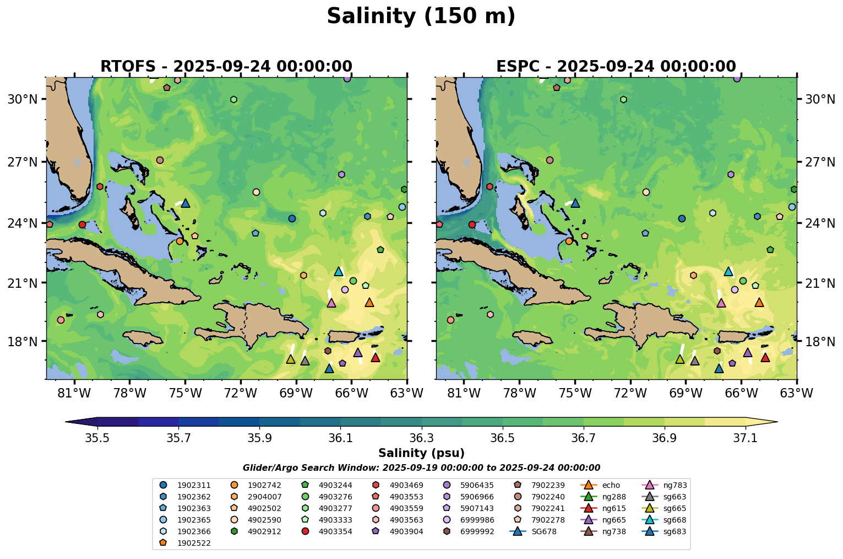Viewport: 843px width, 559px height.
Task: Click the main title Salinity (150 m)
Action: (421, 17)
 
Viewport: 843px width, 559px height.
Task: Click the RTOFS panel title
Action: (226, 66)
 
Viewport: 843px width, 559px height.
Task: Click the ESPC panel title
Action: (616, 66)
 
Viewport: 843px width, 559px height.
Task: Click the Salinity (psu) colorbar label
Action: (421, 453)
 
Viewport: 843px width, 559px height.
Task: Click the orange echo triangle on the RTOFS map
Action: (369, 302)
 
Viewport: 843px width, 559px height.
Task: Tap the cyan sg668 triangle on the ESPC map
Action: (728, 271)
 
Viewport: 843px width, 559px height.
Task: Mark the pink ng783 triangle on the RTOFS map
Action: (331, 303)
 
